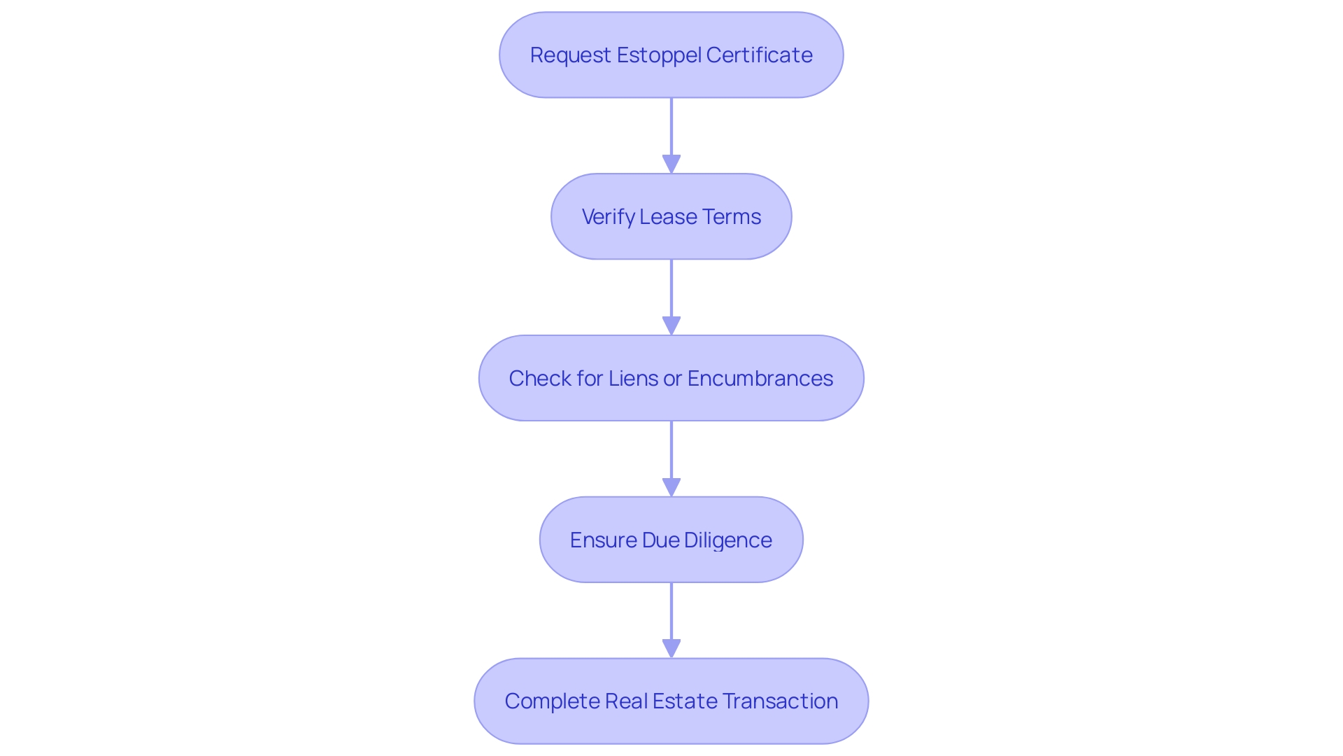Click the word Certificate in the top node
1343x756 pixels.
pos(759,55)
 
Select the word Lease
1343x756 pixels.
pos(668,217)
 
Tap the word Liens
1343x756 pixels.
pos(633,379)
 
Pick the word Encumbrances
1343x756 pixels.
pos(760,379)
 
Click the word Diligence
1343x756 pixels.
pos(727,540)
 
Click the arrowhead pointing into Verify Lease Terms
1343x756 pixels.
pos(671,164)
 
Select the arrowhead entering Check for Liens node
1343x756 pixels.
pos(671,325)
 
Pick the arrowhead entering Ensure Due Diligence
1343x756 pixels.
pos(671,487)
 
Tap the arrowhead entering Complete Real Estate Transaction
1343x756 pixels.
pos(671,648)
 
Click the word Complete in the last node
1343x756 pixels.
pos(551,701)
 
